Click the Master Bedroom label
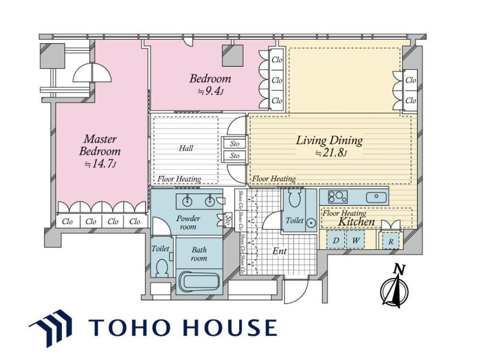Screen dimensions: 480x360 tap(100, 145)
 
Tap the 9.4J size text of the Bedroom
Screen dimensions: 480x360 tap(210, 91)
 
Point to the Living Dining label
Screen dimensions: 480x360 tap(329, 141)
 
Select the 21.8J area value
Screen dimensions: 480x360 tap(331, 153)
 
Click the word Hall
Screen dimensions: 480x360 tap(186, 148)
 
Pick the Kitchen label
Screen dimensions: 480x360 tap(356, 221)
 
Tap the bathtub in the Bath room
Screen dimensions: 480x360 tap(199, 282)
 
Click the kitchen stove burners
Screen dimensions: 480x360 tap(338, 197)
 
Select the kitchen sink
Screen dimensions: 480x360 tap(376, 197)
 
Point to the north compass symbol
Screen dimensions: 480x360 tap(395, 287)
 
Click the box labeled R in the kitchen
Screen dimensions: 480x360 tap(391, 241)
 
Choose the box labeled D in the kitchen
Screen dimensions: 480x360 tap(336, 240)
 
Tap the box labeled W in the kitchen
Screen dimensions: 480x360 tap(355, 240)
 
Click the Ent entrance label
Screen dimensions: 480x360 tap(279, 251)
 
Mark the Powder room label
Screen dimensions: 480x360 tap(188, 223)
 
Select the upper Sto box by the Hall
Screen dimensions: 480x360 tap(235, 143)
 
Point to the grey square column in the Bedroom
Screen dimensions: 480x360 tap(233, 56)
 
